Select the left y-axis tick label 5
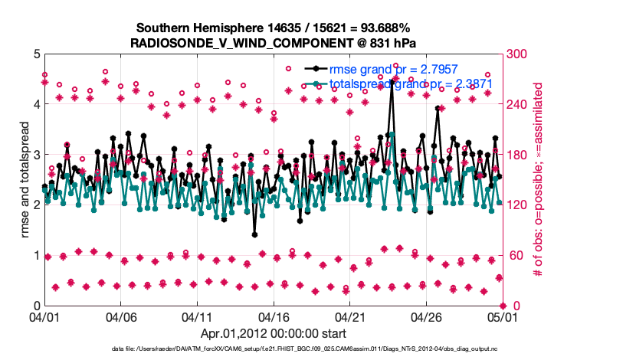coord(35,54)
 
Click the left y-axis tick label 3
coord(35,155)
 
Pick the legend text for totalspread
coord(411,83)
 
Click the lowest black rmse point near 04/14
coord(254,235)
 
